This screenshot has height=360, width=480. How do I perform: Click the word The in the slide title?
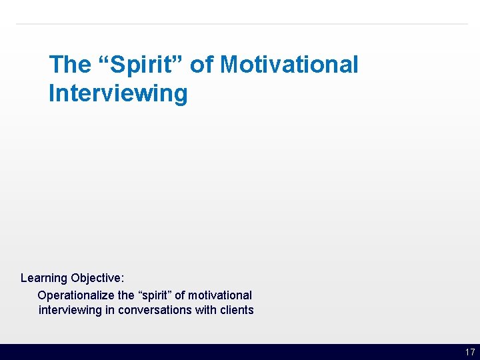click(x=69, y=65)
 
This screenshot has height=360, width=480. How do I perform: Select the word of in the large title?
click(x=202, y=65)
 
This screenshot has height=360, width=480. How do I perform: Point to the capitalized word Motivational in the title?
click(x=289, y=65)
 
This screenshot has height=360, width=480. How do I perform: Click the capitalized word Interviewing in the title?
click(x=118, y=93)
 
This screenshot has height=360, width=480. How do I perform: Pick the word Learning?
click(x=44, y=278)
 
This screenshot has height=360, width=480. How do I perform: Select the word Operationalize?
click(x=76, y=295)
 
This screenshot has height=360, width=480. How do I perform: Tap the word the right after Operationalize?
click(x=127, y=295)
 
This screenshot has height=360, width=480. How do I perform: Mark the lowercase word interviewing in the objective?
click(x=70, y=310)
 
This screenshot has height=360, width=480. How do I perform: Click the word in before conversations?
click(x=110, y=310)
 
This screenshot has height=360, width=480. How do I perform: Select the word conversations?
click(x=155, y=310)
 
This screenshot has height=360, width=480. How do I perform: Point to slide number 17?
click(x=470, y=352)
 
